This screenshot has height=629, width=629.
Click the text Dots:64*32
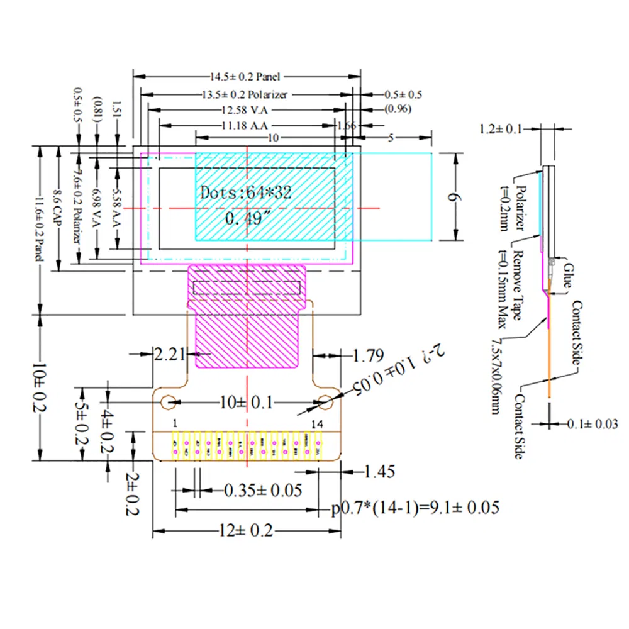coord(245,192)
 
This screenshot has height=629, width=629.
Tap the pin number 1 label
coord(174,423)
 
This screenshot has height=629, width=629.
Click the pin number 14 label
coord(317,424)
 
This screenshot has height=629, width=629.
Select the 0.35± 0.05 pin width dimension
coord(263,490)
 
